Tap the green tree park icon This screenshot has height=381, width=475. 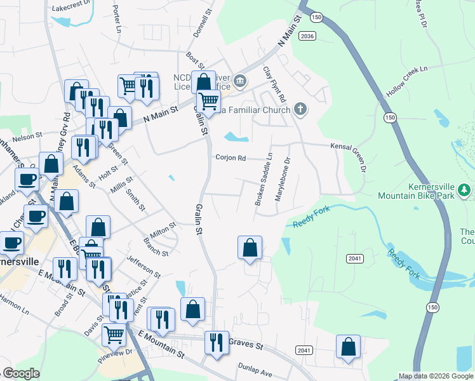465,189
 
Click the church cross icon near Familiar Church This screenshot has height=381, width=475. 301,110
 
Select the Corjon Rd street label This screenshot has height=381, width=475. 231,158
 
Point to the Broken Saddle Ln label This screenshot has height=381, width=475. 264,179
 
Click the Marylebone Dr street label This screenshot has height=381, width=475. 283,180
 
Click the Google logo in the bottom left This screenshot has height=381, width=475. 21,373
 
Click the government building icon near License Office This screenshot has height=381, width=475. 240,80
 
